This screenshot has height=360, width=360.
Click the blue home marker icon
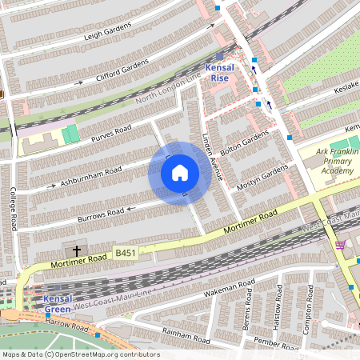(x=180, y=173)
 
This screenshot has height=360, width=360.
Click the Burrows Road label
(x=100, y=214)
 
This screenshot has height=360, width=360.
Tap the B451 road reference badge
(x=124, y=251)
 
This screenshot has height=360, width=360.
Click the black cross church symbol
(x=77, y=251)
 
